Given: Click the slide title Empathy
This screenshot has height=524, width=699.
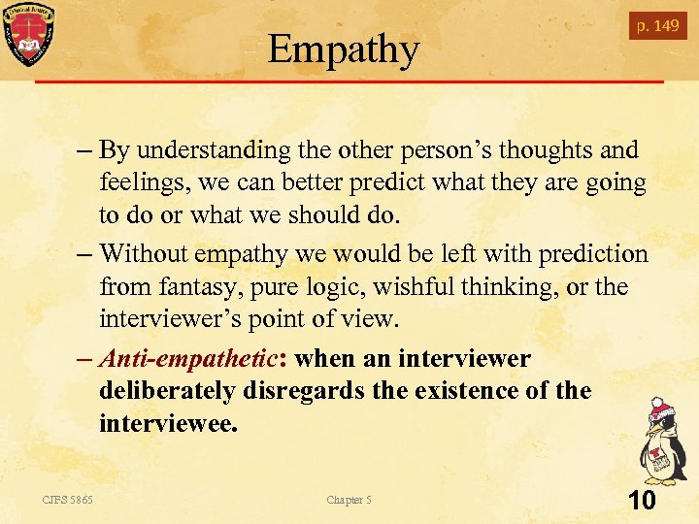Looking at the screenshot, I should (x=344, y=49).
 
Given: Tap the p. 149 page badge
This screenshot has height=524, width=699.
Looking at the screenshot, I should (x=657, y=26).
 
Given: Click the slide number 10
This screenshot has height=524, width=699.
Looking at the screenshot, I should (x=642, y=501).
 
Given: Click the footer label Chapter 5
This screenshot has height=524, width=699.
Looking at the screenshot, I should (x=349, y=500).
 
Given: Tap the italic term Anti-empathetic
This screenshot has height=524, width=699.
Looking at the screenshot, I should (x=188, y=359).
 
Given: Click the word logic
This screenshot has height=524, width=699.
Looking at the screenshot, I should (x=333, y=287).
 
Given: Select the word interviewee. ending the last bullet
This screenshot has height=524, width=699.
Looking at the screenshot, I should (x=167, y=423).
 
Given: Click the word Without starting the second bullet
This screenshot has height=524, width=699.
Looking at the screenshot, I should (x=146, y=254).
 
